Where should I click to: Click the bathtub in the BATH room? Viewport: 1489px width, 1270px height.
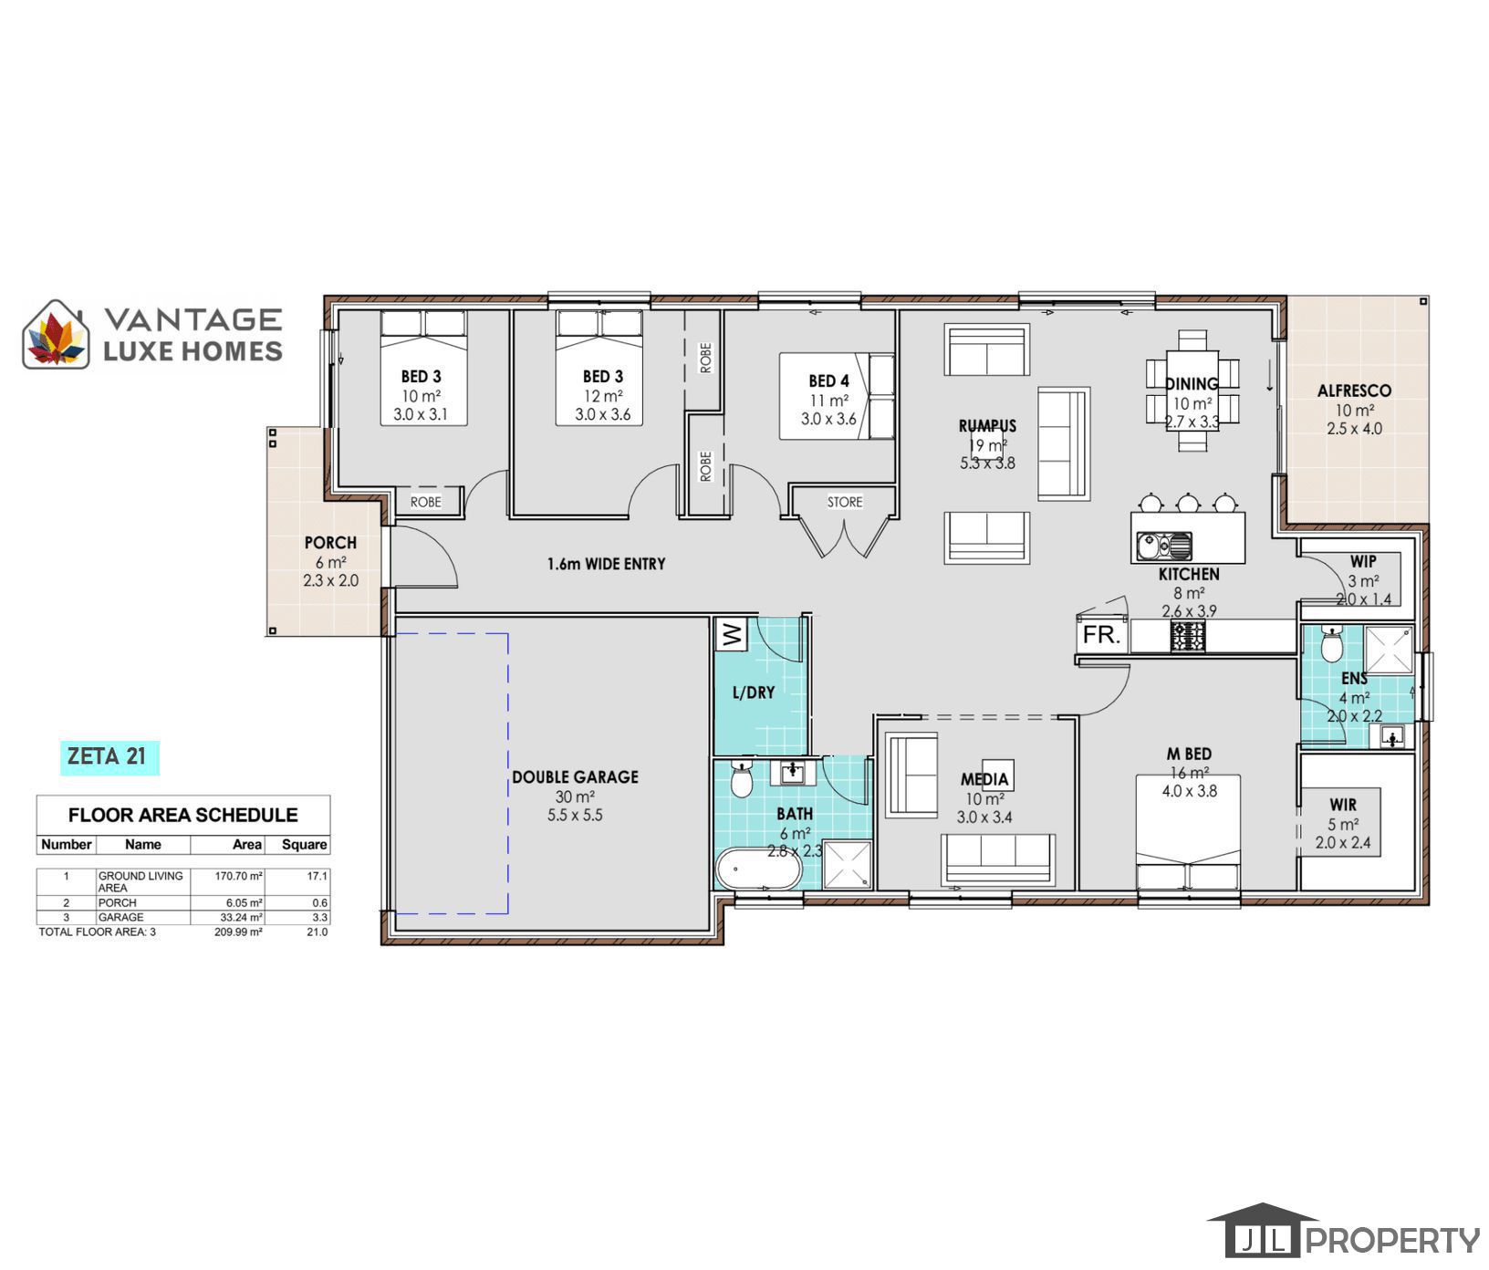[x=758, y=869]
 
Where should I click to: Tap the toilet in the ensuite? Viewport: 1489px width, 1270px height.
[x=1332, y=643]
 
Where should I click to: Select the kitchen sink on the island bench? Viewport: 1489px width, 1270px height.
[x=1163, y=547]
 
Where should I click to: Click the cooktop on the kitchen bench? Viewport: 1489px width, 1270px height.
[x=1188, y=637]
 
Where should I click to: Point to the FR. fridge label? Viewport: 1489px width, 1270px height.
[x=1101, y=636]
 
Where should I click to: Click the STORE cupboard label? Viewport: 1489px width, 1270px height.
[x=845, y=502]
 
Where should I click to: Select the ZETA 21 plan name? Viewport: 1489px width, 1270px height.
[x=107, y=756]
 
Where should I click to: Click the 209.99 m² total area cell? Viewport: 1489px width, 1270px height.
[x=238, y=932]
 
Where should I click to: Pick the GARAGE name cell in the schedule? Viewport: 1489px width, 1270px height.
[x=120, y=917]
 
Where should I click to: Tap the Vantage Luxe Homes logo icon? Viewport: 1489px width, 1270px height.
[x=57, y=335]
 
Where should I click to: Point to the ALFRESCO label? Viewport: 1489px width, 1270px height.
[x=1354, y=390]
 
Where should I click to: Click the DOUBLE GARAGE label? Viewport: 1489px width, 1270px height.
[x=575, y=777]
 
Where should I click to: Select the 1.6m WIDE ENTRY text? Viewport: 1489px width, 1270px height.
[x=607, y=564]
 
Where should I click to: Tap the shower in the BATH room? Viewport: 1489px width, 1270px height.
[x=848, y=865]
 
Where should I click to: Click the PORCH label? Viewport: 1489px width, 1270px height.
[x=330, y=543]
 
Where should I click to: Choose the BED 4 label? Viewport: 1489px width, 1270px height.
[x=828, y=381]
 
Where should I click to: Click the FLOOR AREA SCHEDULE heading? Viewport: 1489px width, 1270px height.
[x=183, y=815]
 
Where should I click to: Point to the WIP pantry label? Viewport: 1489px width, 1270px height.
[x=1363, y=561]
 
